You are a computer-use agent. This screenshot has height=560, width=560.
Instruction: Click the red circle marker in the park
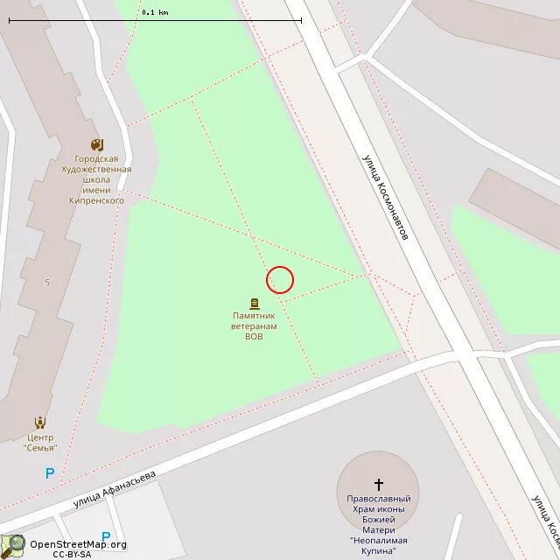coord(280,280)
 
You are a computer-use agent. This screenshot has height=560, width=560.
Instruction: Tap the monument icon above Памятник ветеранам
coord(255,304)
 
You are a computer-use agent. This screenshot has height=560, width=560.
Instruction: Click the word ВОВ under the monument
coord(254,335)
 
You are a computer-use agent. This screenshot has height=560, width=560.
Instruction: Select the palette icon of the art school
coord(96,144)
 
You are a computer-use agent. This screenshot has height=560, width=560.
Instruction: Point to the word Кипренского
coord(96,200)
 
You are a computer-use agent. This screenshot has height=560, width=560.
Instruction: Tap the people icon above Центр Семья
coord(39,423)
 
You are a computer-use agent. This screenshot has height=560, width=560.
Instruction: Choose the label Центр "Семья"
coord(39,442)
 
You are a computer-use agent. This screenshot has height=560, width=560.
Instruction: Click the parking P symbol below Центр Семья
coord(50,473)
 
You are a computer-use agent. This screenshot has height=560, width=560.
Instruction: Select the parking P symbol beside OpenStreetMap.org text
coord(106,536)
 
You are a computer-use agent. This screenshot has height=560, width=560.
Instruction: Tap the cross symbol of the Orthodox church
coord(379,483)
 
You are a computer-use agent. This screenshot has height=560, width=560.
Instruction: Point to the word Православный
coord(379,499)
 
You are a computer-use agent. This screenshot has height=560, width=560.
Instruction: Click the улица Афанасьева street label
coord(115,489)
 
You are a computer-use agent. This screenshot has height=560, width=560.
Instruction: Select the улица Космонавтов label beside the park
coord(386,199)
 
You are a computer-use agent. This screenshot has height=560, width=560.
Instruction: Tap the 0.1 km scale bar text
coord(155,12)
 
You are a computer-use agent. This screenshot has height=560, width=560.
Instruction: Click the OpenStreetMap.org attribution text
coord(79,544)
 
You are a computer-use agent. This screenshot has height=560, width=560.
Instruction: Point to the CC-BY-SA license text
coord(72,554)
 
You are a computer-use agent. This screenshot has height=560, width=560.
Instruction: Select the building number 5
coord(47,282)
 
